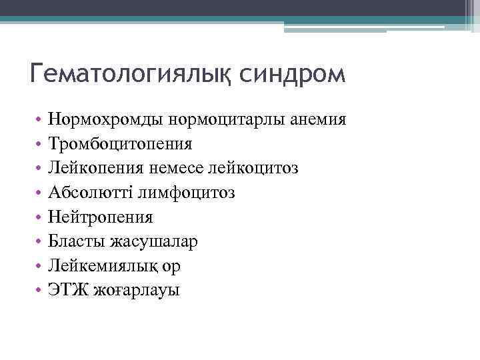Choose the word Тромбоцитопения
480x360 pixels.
(x=121, y=144)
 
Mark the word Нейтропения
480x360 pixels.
(x=101, y=217)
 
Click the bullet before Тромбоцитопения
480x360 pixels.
(x=40, y=145)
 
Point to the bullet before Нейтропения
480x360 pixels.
(x=40, y=217)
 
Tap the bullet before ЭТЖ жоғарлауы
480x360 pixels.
(x=40, y=291)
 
